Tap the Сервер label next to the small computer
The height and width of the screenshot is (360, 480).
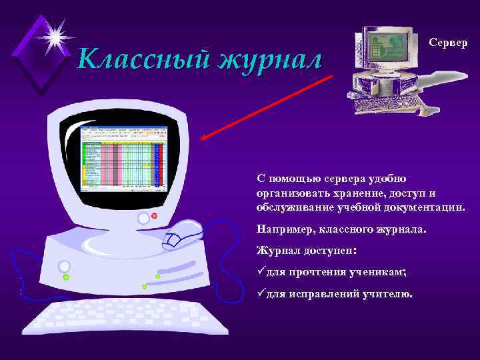pyautogui.click(x=448, y=42)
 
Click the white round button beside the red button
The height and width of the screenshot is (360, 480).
pyautogui.click(x=143, y=218)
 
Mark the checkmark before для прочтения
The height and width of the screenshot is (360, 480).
pyautogui.click(x=261, y=272)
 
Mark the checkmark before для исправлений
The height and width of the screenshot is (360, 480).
pyautogui.click(x=261, y=293)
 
